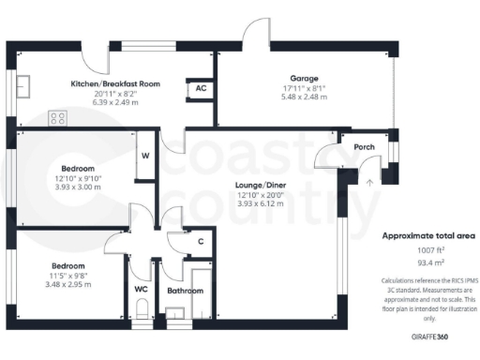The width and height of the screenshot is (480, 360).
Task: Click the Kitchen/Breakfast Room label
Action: click(x=115, y=83)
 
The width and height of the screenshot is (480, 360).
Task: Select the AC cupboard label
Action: click(x=200, y=88)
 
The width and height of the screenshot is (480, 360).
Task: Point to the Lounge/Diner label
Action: click(x=260, y=186)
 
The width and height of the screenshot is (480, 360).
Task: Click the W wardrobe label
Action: click(x=145, y=156)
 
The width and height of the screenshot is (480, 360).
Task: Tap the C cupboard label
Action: click(x=201, y=242)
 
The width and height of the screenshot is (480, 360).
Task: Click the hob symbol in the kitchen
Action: click(x=59, y=118)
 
